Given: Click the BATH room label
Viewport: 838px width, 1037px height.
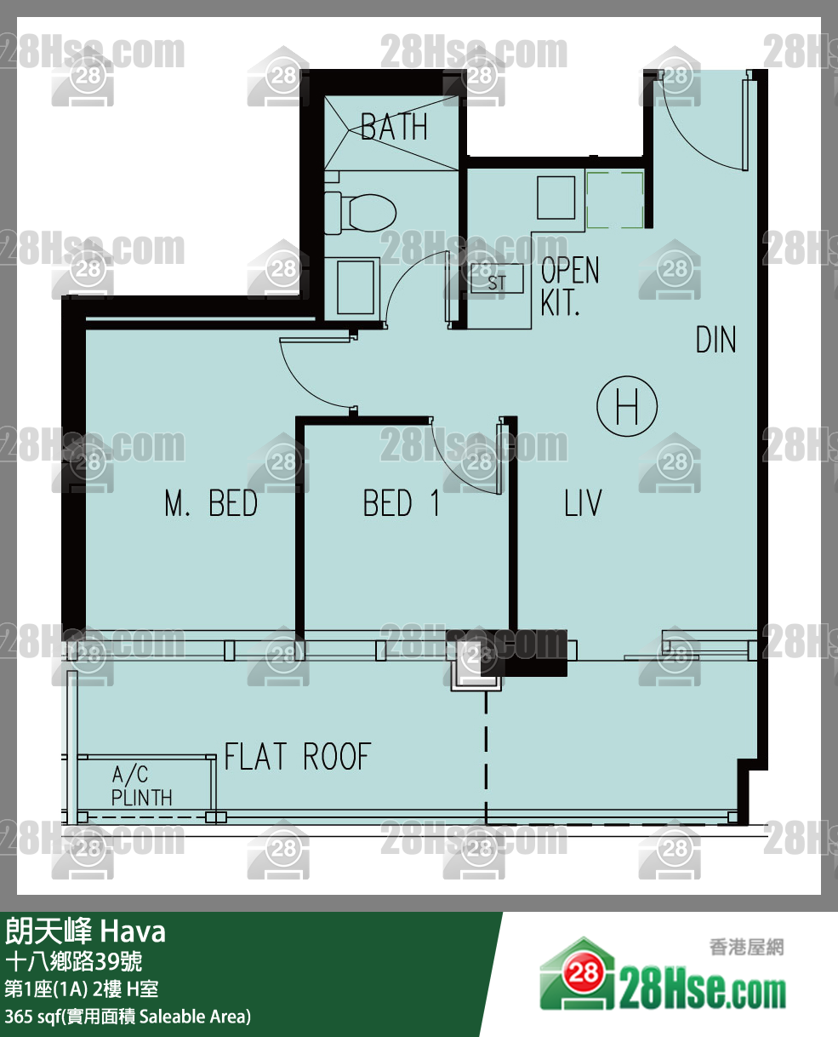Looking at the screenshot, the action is click(394, 127).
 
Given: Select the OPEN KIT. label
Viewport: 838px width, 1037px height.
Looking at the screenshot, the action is click(569, 286).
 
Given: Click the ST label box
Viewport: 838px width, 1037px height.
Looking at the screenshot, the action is click(497, 279).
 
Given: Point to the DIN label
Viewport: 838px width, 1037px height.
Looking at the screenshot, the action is click(716, 340).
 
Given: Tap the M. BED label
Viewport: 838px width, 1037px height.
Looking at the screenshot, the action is click(211, 503).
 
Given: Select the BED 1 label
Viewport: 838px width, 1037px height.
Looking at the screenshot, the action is click(402, 503).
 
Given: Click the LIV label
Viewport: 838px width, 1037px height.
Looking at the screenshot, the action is click(583, 503).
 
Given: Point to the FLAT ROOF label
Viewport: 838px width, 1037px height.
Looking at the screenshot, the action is click(298, 757).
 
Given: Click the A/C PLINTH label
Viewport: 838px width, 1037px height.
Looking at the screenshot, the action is click(141, 787).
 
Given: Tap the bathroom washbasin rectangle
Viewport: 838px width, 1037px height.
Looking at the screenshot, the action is click(356, 287).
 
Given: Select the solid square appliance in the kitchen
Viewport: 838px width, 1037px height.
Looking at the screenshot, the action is click(556, 198).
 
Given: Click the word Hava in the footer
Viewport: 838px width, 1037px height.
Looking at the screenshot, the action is click(133, 932).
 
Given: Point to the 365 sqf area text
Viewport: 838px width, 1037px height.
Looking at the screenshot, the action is click(128, 1016).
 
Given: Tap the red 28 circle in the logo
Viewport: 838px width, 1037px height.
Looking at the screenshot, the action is click(583, 973).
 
